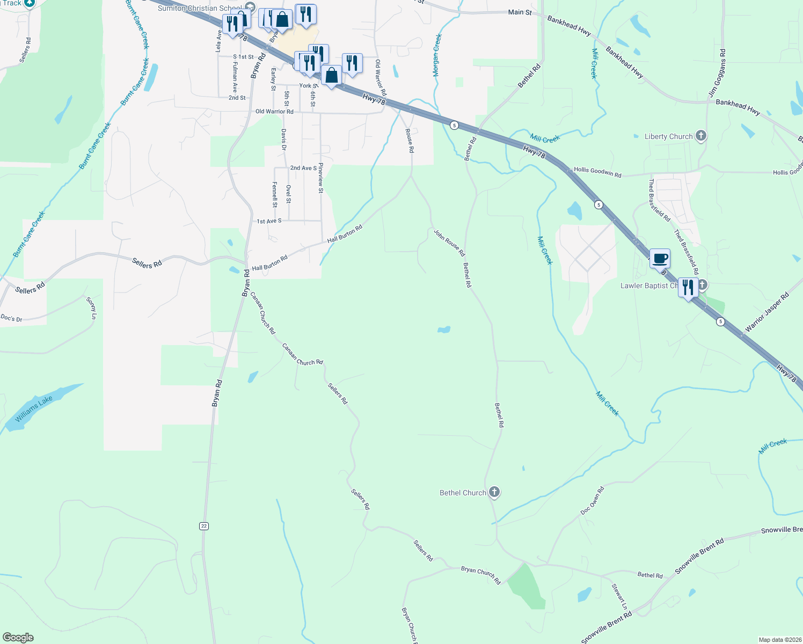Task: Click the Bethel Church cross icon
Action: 494,492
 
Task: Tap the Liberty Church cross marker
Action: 700,136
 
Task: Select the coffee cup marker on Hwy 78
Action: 660,259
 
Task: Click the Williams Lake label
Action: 34,409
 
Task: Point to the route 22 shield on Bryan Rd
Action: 203,526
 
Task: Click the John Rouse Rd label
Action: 449,243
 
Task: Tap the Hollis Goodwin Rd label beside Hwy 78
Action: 597,172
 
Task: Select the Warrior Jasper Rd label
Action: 766,312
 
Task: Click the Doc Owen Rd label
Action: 592,501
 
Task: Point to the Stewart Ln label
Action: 619,596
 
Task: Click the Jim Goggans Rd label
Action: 717,74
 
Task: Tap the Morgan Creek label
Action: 437,55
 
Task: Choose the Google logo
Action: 18,638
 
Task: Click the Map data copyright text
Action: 779,640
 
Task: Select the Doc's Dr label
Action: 11,318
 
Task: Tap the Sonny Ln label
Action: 92,308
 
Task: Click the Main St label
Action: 520,12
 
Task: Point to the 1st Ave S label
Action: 269,221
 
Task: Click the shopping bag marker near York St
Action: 332,76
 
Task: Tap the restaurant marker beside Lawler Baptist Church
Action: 688,287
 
